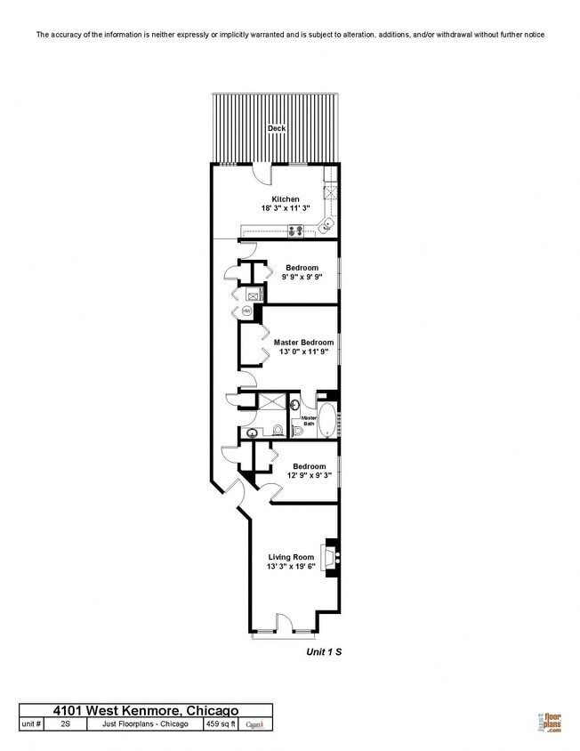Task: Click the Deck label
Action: (x=277, y=128)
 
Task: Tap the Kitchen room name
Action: (x=286, y=199)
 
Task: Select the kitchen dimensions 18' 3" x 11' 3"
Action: (x=286, y=208)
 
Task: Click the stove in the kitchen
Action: (x=295, y=231)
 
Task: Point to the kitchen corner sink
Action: (x=327, y=223)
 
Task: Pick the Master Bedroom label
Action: (x=303, y=343)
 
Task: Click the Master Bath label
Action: (x=309, y=421)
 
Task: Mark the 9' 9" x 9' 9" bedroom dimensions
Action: (x=303, y=277)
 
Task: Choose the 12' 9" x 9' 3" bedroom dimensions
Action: (x=309, y=475)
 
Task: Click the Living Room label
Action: (x=291, y=557)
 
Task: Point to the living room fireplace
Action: (x=331, y=558)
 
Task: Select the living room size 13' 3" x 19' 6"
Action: (x=291, y=566)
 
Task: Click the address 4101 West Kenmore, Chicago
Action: (x=146, y=710)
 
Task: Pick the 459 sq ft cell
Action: (x=222, y=724)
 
